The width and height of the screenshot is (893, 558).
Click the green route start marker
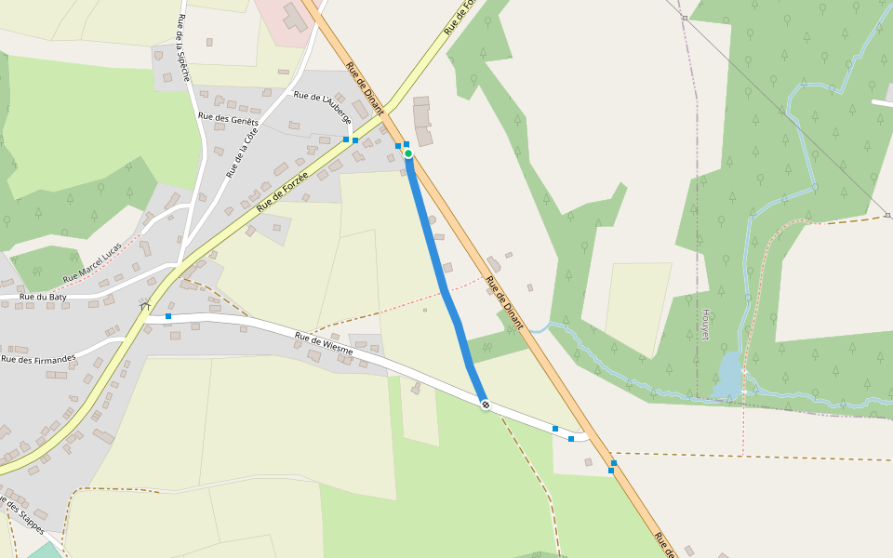(408, 153)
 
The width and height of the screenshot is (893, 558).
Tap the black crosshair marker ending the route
(485, 405)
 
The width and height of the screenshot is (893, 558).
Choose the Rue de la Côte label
(241, 153)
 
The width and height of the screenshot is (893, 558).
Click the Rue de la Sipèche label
(183, 47)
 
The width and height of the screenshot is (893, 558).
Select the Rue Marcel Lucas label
(92, 263)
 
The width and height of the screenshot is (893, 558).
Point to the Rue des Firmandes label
(37, 358)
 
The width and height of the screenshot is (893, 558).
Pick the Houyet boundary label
(705, 325)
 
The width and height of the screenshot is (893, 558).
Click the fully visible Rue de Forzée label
(282, 190)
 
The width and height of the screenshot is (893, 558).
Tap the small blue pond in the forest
(730, 374)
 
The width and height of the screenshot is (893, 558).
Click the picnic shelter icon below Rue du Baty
(144, 303)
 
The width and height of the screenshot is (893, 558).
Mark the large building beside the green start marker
(422, 121)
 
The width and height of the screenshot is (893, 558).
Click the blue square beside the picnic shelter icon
(168, 316)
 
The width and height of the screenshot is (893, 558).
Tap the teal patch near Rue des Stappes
(42, 551)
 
